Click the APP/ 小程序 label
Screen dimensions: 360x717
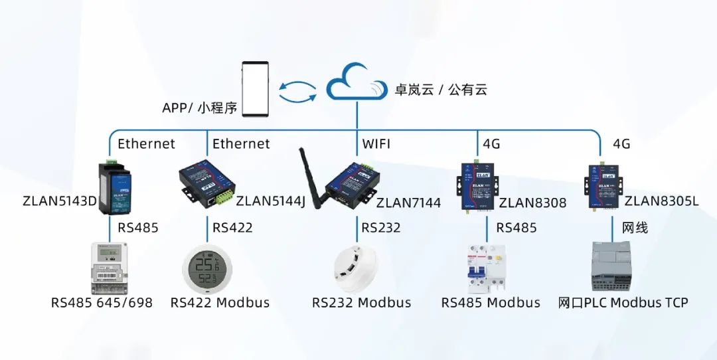199,108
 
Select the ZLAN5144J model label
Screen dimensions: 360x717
271,201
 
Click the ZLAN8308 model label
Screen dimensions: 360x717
533,203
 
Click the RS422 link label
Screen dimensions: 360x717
232,228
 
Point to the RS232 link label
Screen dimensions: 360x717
381,228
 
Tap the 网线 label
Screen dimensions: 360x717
634,228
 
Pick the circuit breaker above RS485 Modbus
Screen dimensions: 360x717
487,268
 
